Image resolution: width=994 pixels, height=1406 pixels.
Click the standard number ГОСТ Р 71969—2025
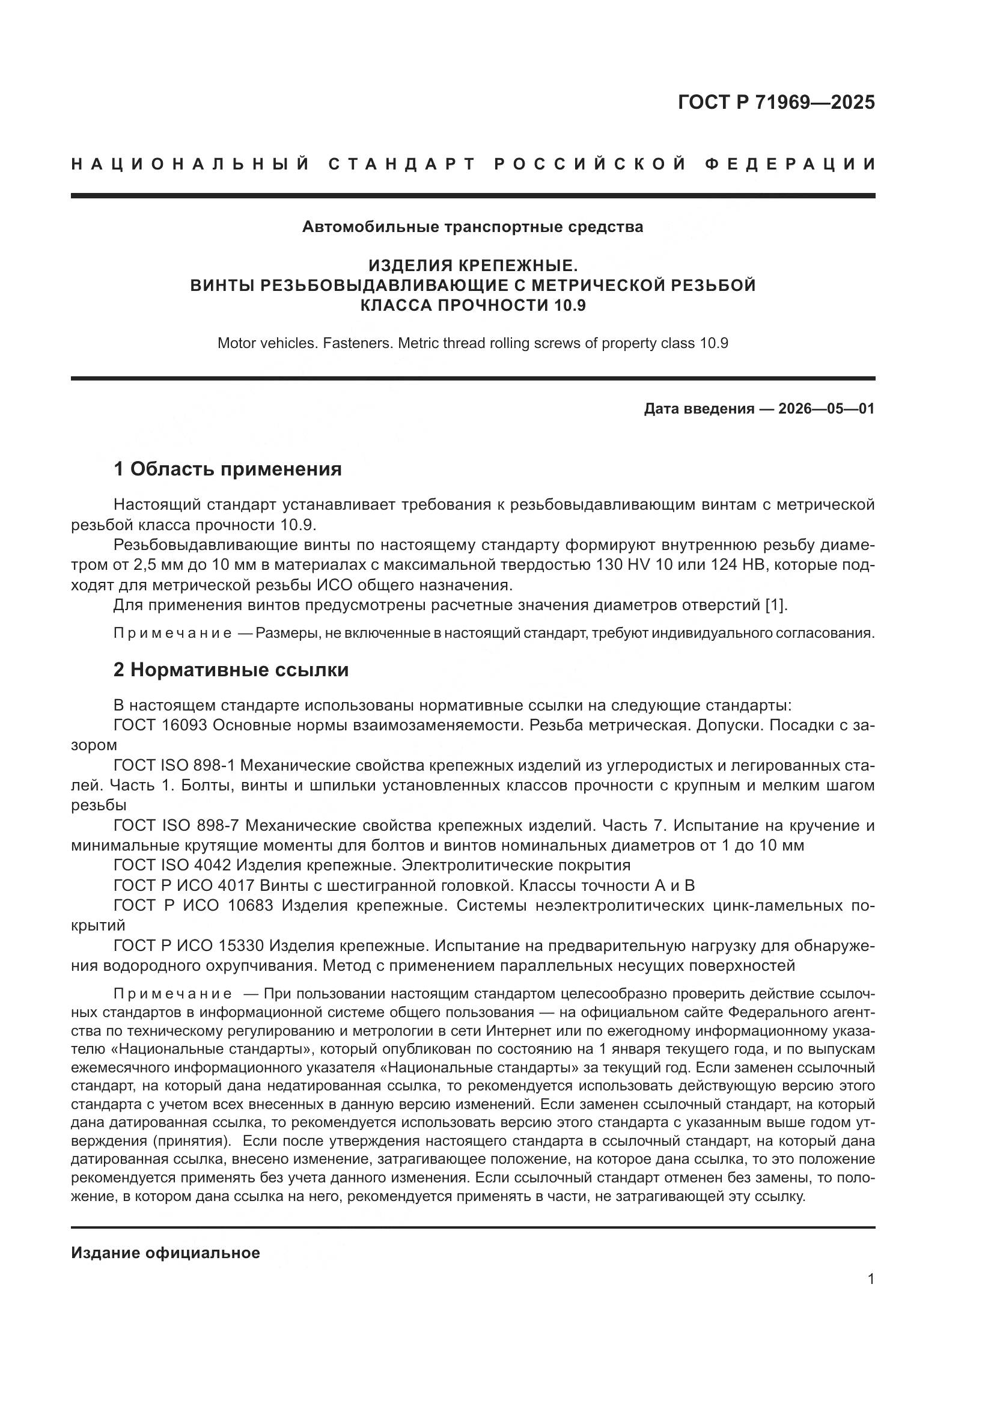[x=776, y=102]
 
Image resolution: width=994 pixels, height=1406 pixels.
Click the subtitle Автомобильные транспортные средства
[x=472, y=227]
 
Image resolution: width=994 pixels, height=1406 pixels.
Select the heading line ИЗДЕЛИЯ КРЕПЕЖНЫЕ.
[x=472, y=266]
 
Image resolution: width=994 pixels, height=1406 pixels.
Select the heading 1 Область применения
[x=228, y=469]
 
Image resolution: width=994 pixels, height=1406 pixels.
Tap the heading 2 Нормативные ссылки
[x=231, y=670]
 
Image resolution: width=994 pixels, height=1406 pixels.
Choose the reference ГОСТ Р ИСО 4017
[x=184, y=885]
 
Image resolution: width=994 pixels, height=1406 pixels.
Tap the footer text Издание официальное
[x=165, y=1253]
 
